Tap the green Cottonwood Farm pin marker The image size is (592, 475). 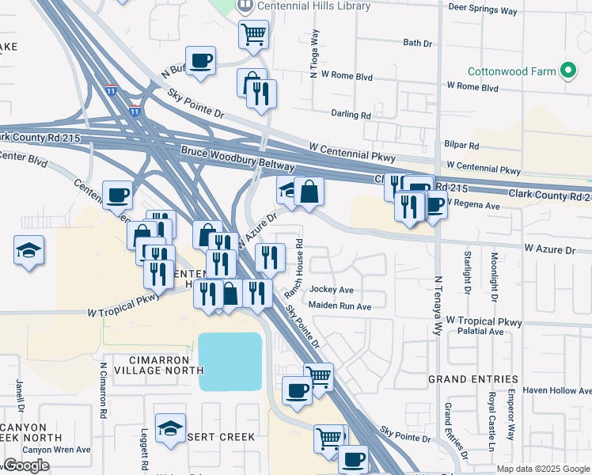pos(567,71)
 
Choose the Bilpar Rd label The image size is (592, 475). pos(462,146)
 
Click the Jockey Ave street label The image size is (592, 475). pos(332,290)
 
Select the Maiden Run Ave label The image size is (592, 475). pos(340,306)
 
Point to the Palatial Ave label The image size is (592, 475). pos(475,332)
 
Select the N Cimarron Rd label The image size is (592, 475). pos(103,390)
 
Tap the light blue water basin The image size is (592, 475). pos(230,361)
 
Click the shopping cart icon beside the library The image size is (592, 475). pos(253,33)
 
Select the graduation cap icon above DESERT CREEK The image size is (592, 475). pos(170,428)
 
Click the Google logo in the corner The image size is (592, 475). pos(26,466)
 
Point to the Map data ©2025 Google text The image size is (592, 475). pos(543,469)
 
